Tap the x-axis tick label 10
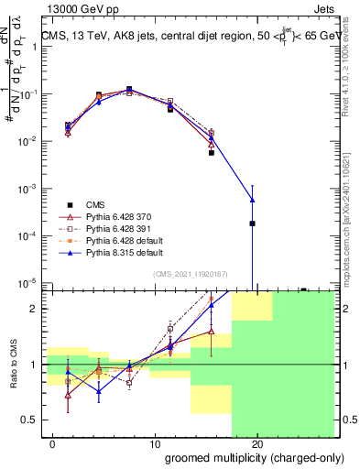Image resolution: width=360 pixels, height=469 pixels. [156, 443]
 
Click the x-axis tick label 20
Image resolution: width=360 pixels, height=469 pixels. [257, 443]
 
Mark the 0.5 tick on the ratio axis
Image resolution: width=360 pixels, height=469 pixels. [30, 420]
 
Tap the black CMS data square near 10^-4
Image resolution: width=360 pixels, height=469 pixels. [252, 224]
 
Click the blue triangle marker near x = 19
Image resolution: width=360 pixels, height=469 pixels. [252, 200]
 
